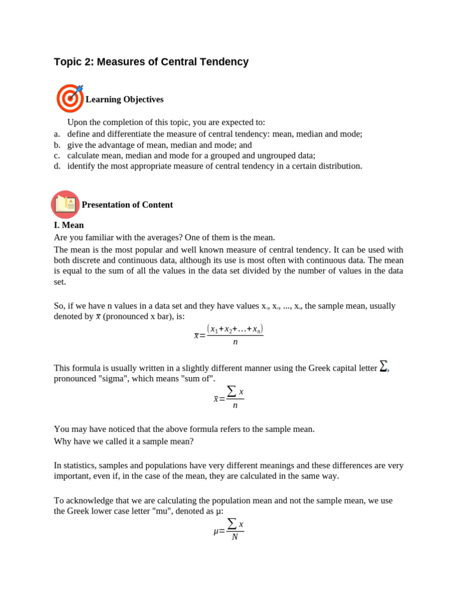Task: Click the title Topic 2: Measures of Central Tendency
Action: click(x=151, y=62)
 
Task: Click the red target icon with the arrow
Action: click(x=70, y=98)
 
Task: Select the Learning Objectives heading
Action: click(x=124, y=99)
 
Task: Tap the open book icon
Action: click(x=65, y=204)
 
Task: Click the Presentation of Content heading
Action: click(x=127, y=205)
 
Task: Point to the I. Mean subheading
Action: click(x=69, y=225)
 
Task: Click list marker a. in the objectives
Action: click(x=57, y=134)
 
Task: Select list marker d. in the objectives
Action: click(x=57, y=166)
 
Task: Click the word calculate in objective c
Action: click(x=83, y=155)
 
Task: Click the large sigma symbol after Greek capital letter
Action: click(x=383, y=366)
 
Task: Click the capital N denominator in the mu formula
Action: click(x=235, y=537)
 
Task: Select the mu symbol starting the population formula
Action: click(x=216, y=531)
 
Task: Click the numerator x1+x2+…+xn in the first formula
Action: click(x=235, y=329)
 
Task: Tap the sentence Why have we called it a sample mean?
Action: click(x=123, y=441)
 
